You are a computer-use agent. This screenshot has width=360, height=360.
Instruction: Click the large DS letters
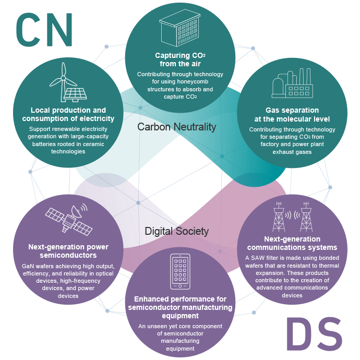(315, 334)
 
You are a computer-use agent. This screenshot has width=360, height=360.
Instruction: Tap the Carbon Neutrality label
(176, 127)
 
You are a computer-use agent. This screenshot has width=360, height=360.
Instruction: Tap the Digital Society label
(176, 231)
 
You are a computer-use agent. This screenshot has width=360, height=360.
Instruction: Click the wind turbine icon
(62, 78)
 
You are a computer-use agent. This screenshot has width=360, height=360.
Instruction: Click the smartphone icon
(180, 271)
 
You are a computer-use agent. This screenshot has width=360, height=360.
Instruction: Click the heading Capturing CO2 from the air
(180, 59)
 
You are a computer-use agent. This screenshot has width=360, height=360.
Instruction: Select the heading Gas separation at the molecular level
(292, 115)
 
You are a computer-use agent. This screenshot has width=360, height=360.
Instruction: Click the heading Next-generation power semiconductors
(68, 251)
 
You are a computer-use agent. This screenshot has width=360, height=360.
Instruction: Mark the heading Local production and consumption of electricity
(68, 114)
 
